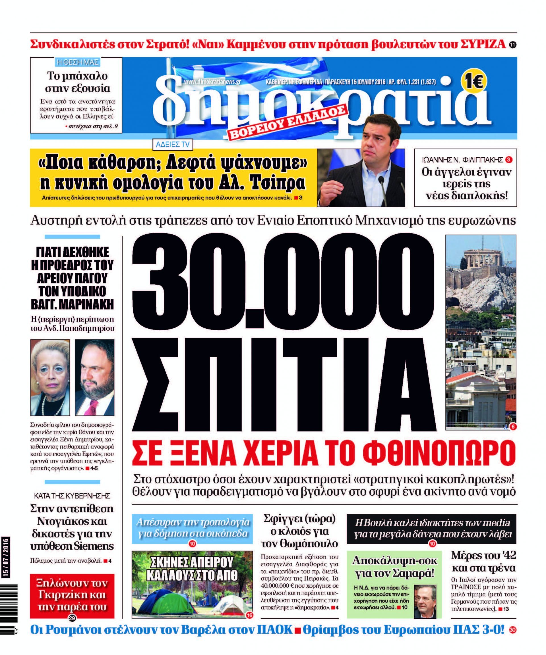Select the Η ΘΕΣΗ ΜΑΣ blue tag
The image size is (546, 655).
click(x=77, y=62)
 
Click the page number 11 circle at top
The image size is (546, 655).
click(x=512, y=45)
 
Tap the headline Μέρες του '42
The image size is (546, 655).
click(x=483, y=555)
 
